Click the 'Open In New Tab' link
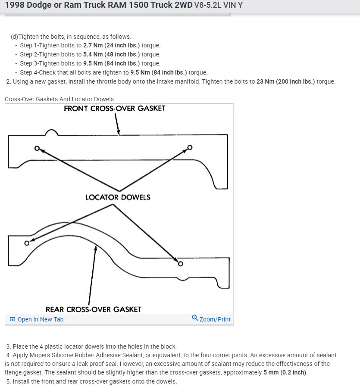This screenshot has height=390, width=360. (40, 319)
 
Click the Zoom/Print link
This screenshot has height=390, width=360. (215, 319)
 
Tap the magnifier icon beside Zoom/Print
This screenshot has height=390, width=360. (195, 318)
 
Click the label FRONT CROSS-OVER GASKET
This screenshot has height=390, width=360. (114, 108)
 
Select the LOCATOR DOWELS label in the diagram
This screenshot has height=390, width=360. (118, 197)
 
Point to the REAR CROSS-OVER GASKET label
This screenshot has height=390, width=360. (94, 309)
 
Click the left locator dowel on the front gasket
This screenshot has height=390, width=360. (37, 148)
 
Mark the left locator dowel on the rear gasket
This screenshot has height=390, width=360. (27, 243)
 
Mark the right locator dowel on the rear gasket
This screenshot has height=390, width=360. (180, 264)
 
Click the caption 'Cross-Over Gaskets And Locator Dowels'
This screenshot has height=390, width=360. (59, 99)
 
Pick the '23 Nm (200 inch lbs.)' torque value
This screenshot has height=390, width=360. (286, 81)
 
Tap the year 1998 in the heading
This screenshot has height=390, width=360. (15, 6)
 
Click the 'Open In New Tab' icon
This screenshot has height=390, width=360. (13, 319)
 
